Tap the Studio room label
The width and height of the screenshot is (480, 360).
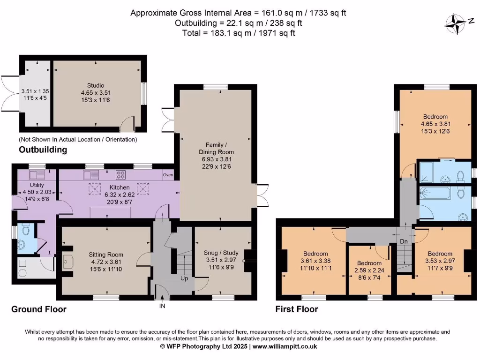pos(95,85)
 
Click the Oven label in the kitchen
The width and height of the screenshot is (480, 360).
pos(168,175)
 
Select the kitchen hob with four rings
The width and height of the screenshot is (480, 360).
pos(121,175)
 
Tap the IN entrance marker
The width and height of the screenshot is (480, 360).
pos(162,306)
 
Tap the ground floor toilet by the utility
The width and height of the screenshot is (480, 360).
pos(25,229)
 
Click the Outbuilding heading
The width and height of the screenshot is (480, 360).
pos(43,150)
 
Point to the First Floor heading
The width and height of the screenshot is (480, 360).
pos(297,309)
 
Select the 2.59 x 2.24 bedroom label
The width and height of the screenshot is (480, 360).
pos(370,270)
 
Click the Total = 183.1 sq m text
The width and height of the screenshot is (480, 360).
pos(239,33)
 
